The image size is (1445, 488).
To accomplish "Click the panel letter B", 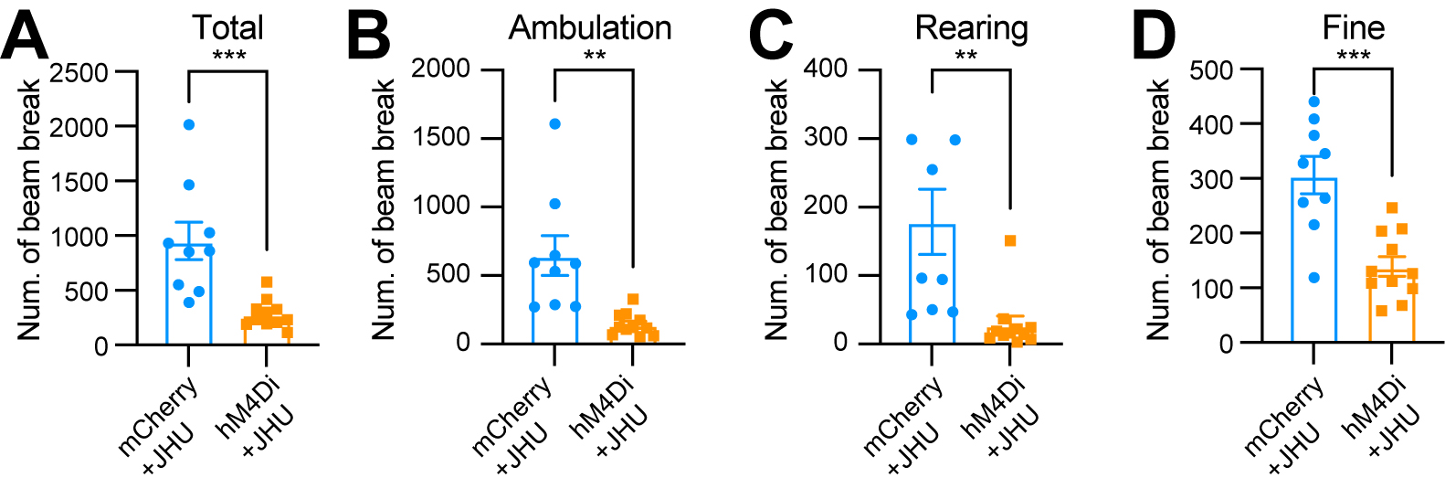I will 369,37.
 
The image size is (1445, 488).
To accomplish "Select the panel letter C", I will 770,37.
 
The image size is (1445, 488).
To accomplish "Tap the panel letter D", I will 1153,37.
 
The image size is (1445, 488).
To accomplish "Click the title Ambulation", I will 590,28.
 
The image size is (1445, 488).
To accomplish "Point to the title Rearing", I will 971,28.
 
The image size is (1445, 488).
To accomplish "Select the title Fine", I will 1353,28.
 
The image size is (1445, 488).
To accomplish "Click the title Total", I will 227,28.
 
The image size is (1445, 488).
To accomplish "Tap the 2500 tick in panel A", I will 79,72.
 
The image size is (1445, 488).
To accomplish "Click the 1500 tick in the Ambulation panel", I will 440,137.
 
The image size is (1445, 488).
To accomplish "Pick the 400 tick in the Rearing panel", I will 825,69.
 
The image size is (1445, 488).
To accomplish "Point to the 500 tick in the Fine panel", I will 1211,69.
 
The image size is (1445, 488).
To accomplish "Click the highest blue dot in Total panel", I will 189,124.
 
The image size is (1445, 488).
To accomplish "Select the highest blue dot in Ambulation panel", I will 554,123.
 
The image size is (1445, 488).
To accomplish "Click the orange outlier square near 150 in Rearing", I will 1010,240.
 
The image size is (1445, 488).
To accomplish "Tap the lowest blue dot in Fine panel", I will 1314,277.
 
